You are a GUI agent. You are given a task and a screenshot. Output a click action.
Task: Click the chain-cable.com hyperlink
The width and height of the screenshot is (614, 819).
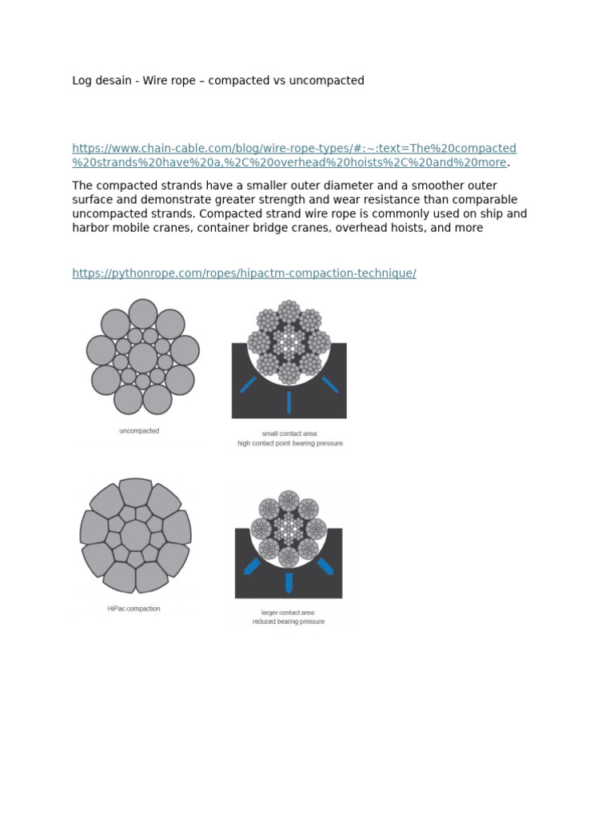tap(293, 149)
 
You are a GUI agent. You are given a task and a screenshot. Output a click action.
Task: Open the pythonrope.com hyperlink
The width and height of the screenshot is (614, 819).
tap(244, 274)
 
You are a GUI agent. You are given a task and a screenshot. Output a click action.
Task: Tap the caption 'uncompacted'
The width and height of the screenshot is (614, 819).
tap(139, 431)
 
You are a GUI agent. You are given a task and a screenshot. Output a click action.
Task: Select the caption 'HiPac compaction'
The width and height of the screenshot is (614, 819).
tap(134, 609)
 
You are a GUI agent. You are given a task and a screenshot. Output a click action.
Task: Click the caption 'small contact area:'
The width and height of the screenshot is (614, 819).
tap(289, 433)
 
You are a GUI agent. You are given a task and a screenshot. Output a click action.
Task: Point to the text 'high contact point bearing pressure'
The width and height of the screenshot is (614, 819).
tap(289, 443)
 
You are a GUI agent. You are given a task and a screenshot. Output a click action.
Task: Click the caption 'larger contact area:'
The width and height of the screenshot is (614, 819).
tap(289, 613)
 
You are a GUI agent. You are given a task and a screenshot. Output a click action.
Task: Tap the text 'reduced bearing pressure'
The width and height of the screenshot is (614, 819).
tap(289, 621)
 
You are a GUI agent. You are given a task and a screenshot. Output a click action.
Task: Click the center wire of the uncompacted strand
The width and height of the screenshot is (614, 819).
tap(143, 358)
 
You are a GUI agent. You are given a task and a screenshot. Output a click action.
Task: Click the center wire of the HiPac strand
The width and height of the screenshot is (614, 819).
tap(135, 534)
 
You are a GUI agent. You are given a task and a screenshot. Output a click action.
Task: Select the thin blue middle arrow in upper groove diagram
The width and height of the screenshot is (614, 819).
tap(289, 402)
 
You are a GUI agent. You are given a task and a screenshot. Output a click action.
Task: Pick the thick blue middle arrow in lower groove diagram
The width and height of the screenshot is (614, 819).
tap(289, 581)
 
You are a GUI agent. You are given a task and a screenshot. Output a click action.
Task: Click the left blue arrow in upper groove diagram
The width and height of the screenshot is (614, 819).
tap(247, 385)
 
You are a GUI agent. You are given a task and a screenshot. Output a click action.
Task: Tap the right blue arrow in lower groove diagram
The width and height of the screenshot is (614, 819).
tap(325, 566)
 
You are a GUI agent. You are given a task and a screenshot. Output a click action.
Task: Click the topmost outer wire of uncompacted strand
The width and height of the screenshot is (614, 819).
tap(143, 314)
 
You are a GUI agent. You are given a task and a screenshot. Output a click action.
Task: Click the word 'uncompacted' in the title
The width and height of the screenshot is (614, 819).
tap(329, 81)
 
